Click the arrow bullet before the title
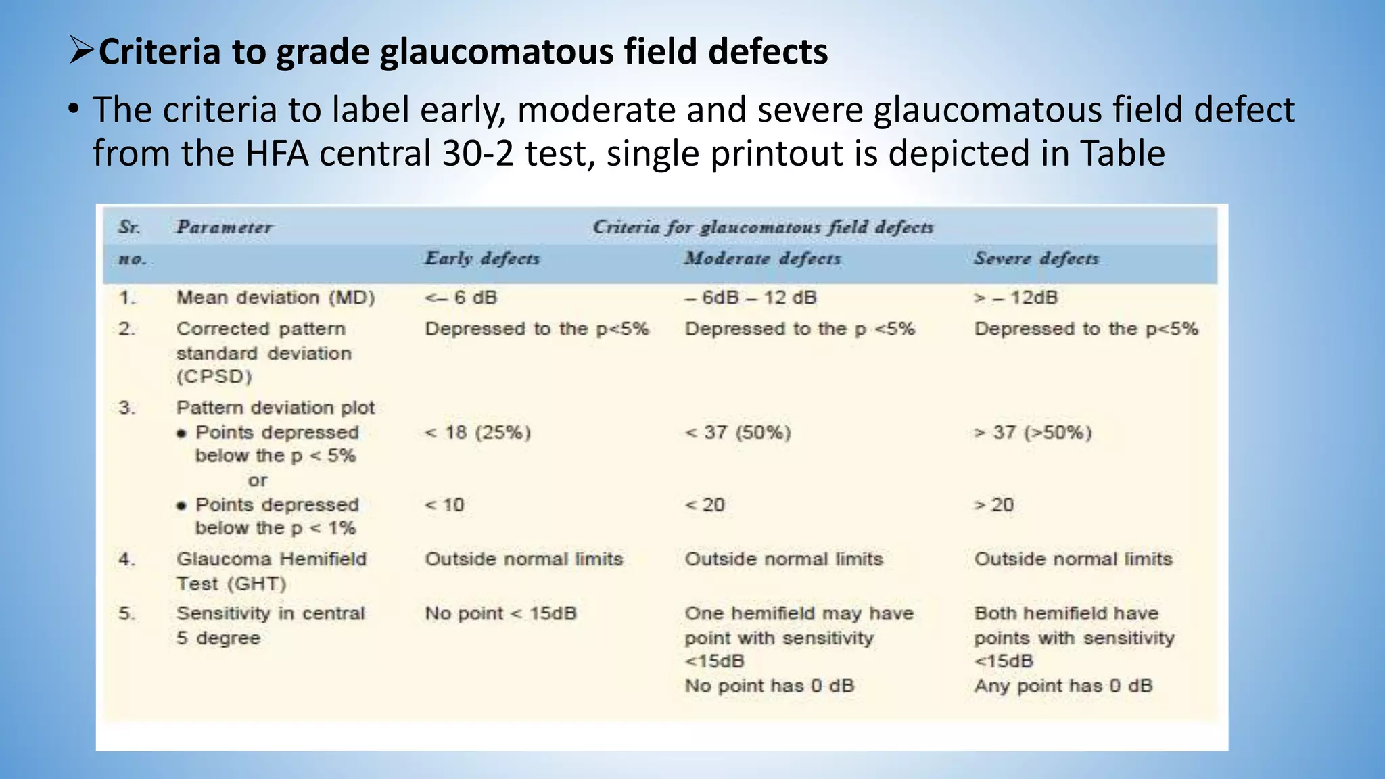(82, 51)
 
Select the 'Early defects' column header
(482, 258)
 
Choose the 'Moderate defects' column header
(762, 258)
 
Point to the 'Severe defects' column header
(1036, 258)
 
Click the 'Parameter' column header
(224, 227)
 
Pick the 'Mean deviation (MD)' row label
(275, 298)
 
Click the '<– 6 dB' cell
(461, 298)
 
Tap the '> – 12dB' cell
(1016, 298)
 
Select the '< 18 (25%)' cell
(477, 432)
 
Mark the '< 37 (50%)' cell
(738, 432)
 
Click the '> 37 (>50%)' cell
(1033, 432)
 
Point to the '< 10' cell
(444, 504)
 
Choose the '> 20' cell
(993, 504)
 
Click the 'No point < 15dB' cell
(500, 613)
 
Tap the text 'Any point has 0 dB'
(1063, 686)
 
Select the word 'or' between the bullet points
(258, 481)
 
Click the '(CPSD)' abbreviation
(214, 377)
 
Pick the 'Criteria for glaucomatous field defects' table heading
(763, 227)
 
